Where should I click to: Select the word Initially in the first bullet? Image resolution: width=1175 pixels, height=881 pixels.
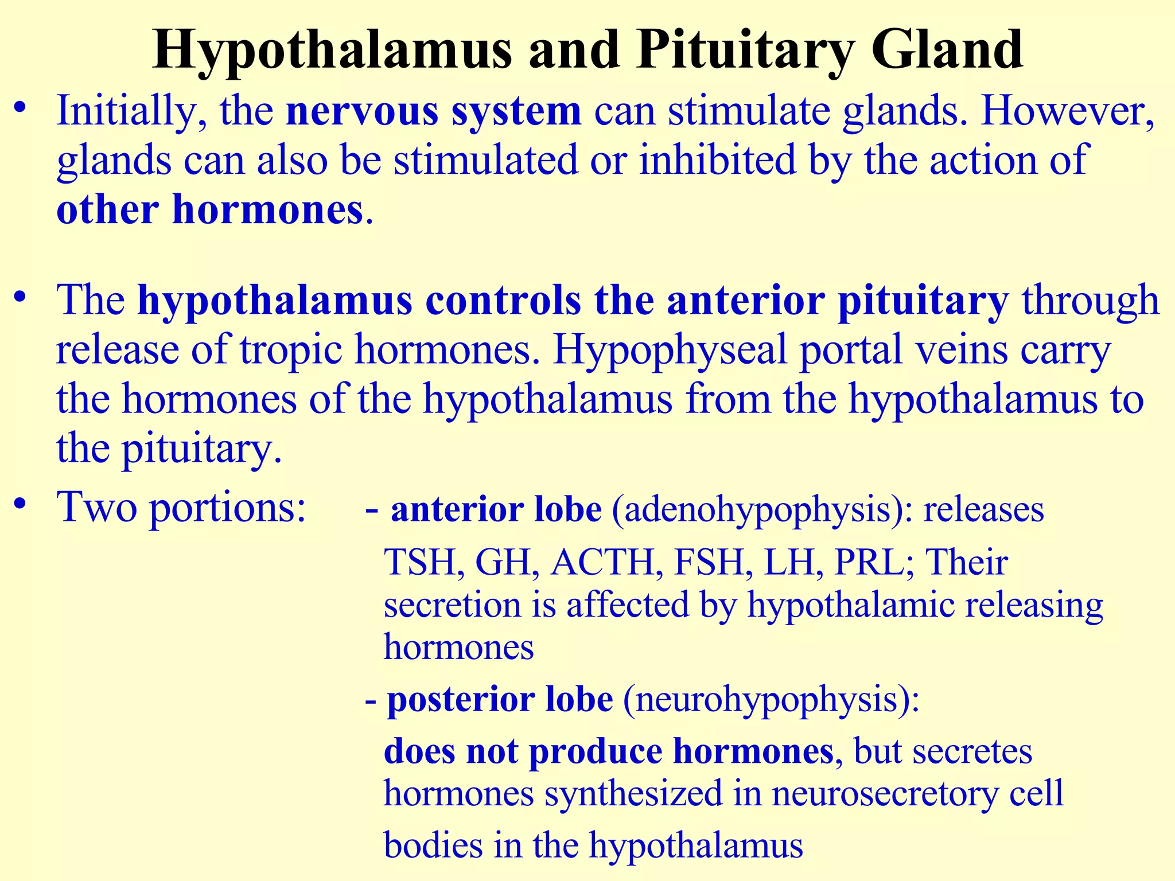(131, 112)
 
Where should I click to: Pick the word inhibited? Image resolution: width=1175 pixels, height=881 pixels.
(718, 160)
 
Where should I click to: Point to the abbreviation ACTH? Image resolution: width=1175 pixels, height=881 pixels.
(603, 562)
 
